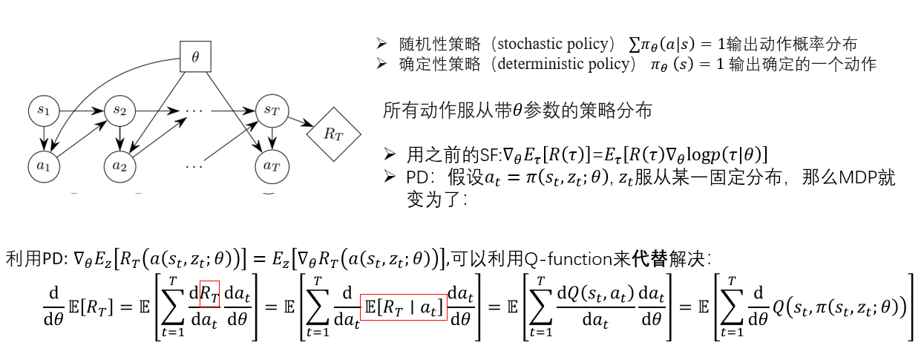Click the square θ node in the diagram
[x=195, y=56]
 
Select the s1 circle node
[x=43, y=111]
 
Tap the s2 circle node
[x=119, y=111]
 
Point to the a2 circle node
[x=119, y=165]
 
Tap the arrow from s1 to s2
[x=81, y=111]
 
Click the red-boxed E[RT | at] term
[x=403, y=307]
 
